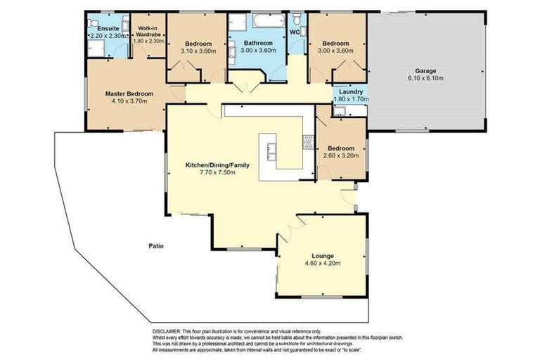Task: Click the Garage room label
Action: coord(425,70)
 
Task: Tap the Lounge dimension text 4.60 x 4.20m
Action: coord(323,263)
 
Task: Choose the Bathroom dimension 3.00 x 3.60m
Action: coord(258,51)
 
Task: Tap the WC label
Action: coord(295,32)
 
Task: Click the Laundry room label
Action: coord(350,91)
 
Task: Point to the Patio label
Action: coord(155,246)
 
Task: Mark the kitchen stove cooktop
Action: coord(307,142)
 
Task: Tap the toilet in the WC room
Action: coord(298,17)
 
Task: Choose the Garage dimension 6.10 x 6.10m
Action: coord(425,78)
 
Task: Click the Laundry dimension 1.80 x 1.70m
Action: coord(350,99)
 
